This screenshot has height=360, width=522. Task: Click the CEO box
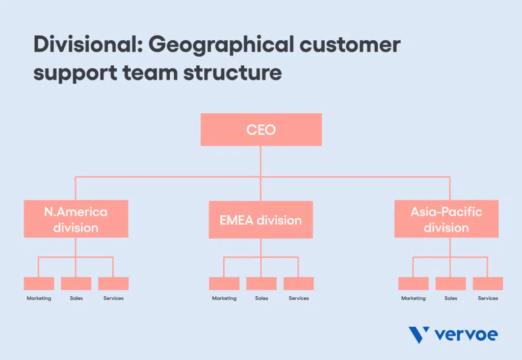coord(261,130)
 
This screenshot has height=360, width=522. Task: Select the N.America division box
coord(76,219)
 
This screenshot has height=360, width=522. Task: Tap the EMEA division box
coord(260,220)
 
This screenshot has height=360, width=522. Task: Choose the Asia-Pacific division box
coord(447,219)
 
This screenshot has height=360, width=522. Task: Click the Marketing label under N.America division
coord(39,298)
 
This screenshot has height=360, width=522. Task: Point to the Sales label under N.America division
coord(76,298)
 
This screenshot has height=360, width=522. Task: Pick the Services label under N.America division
coord(114,298)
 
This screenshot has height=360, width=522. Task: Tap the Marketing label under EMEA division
coord(224,298)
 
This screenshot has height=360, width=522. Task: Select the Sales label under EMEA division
coord(262,298)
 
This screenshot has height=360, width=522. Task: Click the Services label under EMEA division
coord(299,298)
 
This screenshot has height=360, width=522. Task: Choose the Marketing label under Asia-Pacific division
coord(413,298)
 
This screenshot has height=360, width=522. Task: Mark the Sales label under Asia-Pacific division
coord(451,298)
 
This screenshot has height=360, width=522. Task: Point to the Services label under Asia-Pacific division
coord(488,298)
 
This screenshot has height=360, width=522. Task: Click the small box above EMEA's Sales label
coord(262,284)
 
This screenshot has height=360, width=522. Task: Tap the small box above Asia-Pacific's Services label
coord(488,284)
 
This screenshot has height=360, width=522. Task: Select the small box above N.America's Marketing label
coord(39,284)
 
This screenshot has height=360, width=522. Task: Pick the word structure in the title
coord(232,73)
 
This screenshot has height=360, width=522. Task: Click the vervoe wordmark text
coord(466,335)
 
